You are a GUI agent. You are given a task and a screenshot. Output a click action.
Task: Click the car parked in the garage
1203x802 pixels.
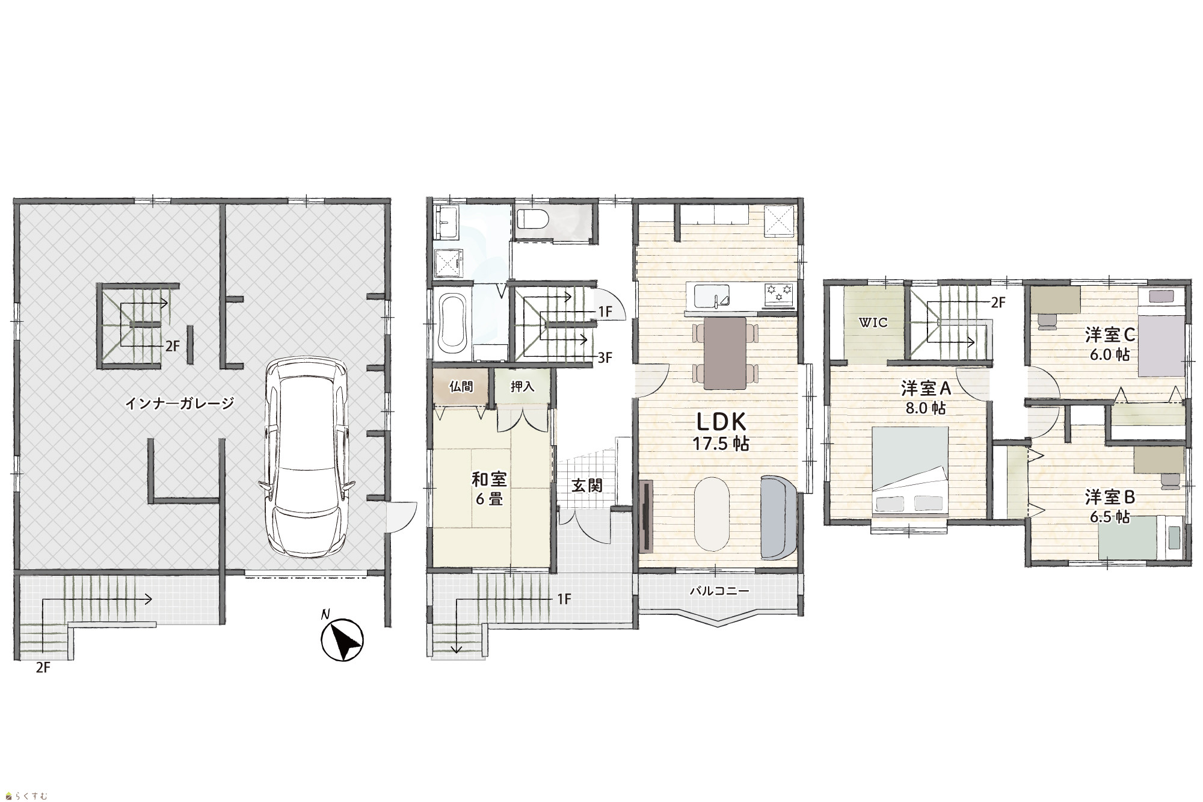(x=304, y=457)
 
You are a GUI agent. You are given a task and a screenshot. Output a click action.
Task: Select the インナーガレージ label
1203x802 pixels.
(x=179, y=403)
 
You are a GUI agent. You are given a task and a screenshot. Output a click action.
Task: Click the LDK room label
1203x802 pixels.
(x=721, y=420)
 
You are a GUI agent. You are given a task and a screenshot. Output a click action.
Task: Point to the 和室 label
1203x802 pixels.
(x=489, y=479)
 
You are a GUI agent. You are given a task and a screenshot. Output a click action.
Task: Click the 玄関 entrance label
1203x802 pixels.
(x=586, y=485)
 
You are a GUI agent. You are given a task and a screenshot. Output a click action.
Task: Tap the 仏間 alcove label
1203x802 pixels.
(x=461, y=386)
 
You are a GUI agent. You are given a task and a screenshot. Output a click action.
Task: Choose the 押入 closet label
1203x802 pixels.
(x=522, y=386)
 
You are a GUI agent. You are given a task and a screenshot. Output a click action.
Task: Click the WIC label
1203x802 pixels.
(x=873, y=322)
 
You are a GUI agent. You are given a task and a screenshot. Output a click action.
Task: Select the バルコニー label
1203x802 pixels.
(x=719, y=591)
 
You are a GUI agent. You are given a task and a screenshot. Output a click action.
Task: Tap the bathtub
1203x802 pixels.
(x=452, y=324)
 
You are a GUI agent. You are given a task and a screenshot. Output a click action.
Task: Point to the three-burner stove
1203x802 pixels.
(x=780, y=294)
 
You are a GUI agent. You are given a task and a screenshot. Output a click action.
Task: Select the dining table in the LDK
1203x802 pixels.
(x=724, y=353)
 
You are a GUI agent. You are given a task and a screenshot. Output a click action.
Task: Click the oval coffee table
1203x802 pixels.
(x=712, y=514)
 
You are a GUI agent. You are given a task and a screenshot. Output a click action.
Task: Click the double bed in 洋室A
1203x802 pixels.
(x=910, y=472)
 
